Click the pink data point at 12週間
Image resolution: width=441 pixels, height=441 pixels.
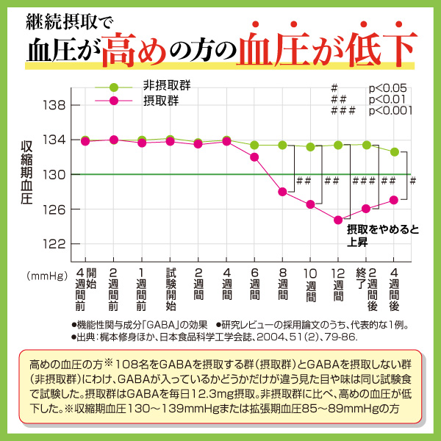pos(338,220)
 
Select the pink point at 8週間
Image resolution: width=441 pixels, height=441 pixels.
pos(282,192)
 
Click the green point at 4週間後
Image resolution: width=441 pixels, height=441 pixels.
pos(395,151)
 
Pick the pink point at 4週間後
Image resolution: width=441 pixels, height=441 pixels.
pos(395,200)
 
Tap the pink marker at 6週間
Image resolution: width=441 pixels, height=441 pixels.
pos(254,157)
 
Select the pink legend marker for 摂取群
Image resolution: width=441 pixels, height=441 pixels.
pos(114,101)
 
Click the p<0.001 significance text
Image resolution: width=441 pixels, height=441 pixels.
pos(390,111)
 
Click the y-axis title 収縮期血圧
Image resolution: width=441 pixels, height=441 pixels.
pos(26,174)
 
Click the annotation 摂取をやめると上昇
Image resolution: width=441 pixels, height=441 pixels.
pos(382,235)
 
